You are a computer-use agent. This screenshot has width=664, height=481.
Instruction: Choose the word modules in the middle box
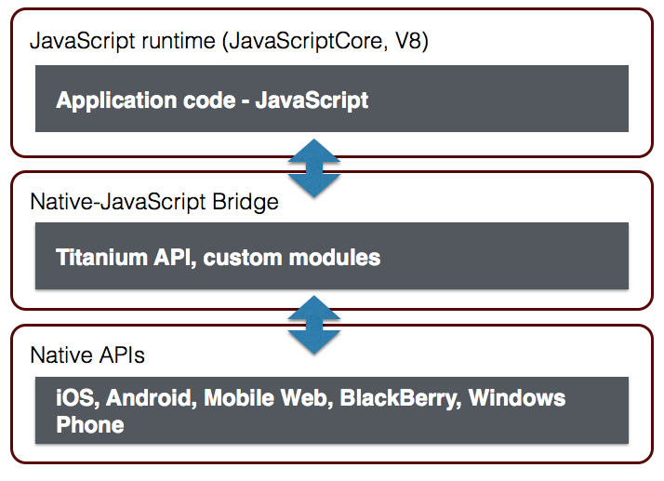click(336, 257)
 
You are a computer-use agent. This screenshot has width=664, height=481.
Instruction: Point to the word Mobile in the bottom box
click(238, 398)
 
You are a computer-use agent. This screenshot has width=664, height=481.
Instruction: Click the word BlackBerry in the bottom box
click(399, 398)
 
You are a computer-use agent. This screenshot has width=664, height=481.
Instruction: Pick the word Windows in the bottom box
click(517, 398)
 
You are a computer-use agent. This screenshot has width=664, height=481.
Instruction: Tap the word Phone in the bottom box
click(89, 424)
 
